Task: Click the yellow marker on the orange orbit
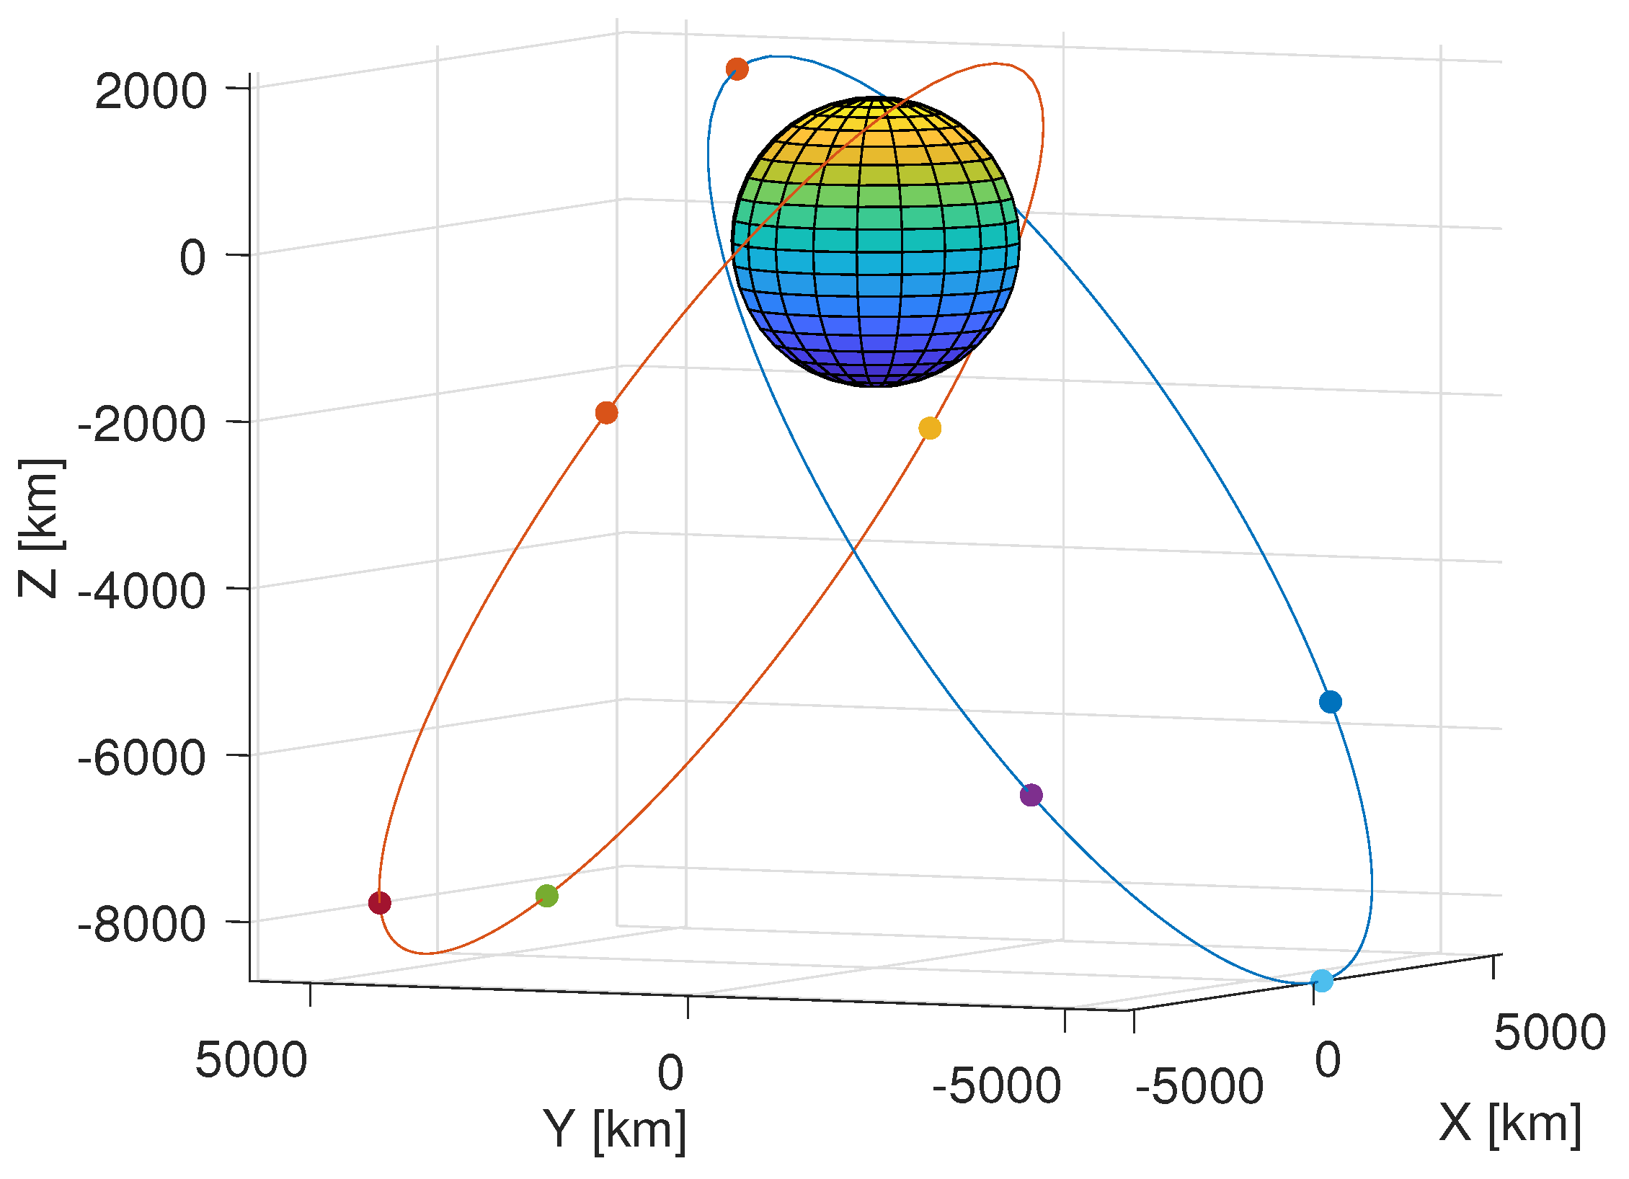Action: point(930,428)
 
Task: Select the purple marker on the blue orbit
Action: point(1031,795)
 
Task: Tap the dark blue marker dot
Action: point(1331,701)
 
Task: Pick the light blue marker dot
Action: point(1322,980)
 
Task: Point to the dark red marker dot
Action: point(380,902)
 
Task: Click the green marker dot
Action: point(547,896)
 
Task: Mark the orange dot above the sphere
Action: point(737,69)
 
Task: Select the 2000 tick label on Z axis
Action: point(151,92)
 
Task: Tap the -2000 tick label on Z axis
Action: point(142,425)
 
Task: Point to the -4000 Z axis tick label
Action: point(142,592)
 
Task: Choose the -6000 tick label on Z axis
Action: point(142,758)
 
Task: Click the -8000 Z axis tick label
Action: point(142,925)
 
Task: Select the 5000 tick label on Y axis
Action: point(251,1060)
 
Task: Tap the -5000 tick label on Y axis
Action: point(996,1086)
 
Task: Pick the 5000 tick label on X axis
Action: point(1550,1033)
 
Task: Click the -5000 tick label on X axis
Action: point(1199,1087)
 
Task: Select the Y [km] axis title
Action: point(614,1130)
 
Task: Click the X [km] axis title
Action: point(1510,1124)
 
